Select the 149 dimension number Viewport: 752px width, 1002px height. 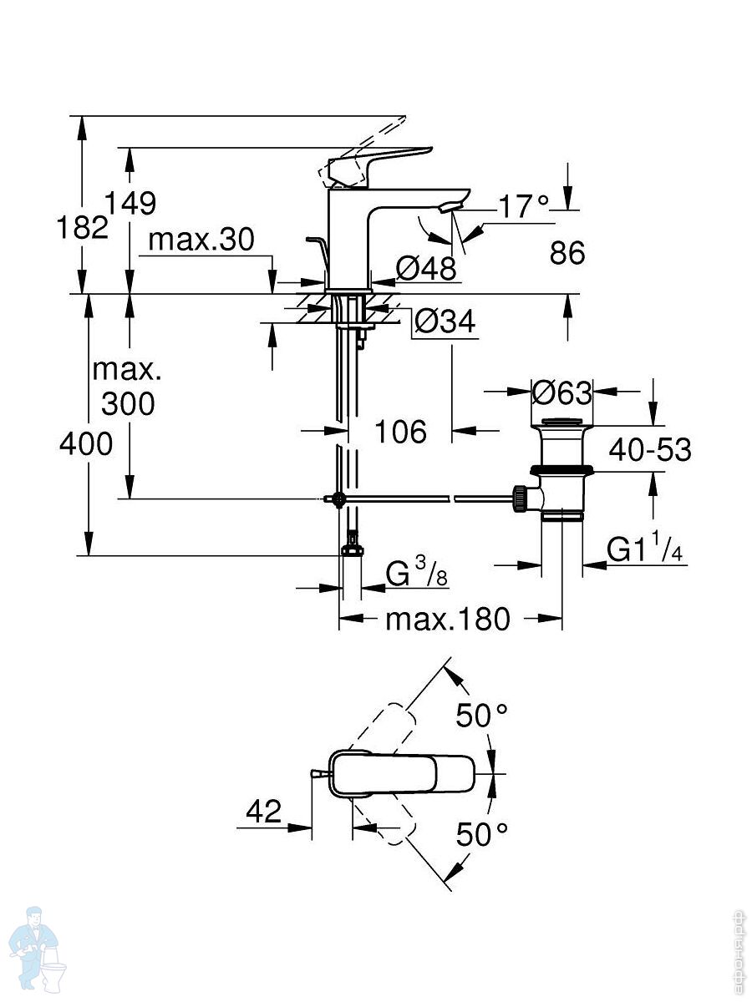point(130,203)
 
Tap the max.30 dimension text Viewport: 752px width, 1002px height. point(200,240)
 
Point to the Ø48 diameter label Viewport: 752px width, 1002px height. point(426,268)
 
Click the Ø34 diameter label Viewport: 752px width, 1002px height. point(445,321)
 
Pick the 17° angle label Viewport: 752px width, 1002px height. point(525,205)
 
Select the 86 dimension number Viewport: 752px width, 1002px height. point(567,252)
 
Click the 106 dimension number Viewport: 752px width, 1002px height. point(400,432)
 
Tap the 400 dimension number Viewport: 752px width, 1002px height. point(85,444)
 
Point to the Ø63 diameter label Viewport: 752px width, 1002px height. point(561,391)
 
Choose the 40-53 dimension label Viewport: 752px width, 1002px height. point(650,450)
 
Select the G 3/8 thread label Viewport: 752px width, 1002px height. point(416,574)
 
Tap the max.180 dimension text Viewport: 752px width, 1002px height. point(447,620)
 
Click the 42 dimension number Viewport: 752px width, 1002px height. point(263,812)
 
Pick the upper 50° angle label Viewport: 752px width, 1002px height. point(481,715)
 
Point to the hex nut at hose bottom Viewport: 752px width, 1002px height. point(352,550)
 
